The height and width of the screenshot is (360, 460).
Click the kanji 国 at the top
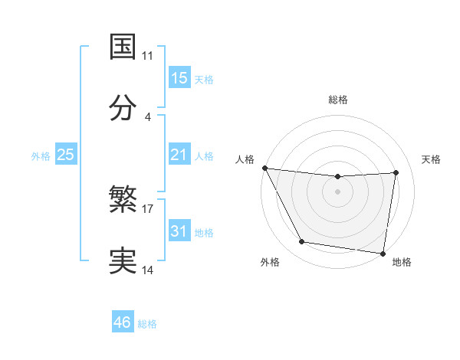click(123, 46)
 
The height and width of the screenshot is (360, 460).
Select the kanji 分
click(123, 107)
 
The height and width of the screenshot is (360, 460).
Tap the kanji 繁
click(123, 201)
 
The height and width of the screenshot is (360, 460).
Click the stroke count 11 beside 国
click(148, 56)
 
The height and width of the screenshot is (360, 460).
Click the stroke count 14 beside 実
click(148, 270)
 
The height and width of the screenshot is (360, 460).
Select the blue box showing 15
click(179, 78)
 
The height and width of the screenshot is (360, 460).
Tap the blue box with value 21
click(179, 155)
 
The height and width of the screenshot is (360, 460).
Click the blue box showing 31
click(179, 231)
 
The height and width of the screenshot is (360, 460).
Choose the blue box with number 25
click(65, 155)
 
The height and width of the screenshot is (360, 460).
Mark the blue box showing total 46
click(122, 322)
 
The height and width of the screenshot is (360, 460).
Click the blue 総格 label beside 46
click(147, 324)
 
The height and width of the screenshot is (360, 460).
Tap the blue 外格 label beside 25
click(41, 156)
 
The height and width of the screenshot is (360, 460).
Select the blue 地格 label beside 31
click(204, 233)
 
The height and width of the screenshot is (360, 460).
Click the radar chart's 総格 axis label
click(337, 100)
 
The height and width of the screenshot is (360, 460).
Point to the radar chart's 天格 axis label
click(432, 159)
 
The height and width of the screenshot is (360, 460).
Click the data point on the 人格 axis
click(264, 168)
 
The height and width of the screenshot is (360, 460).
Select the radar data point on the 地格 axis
click(383, 253)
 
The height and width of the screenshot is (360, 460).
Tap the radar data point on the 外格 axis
click(301, 242)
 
